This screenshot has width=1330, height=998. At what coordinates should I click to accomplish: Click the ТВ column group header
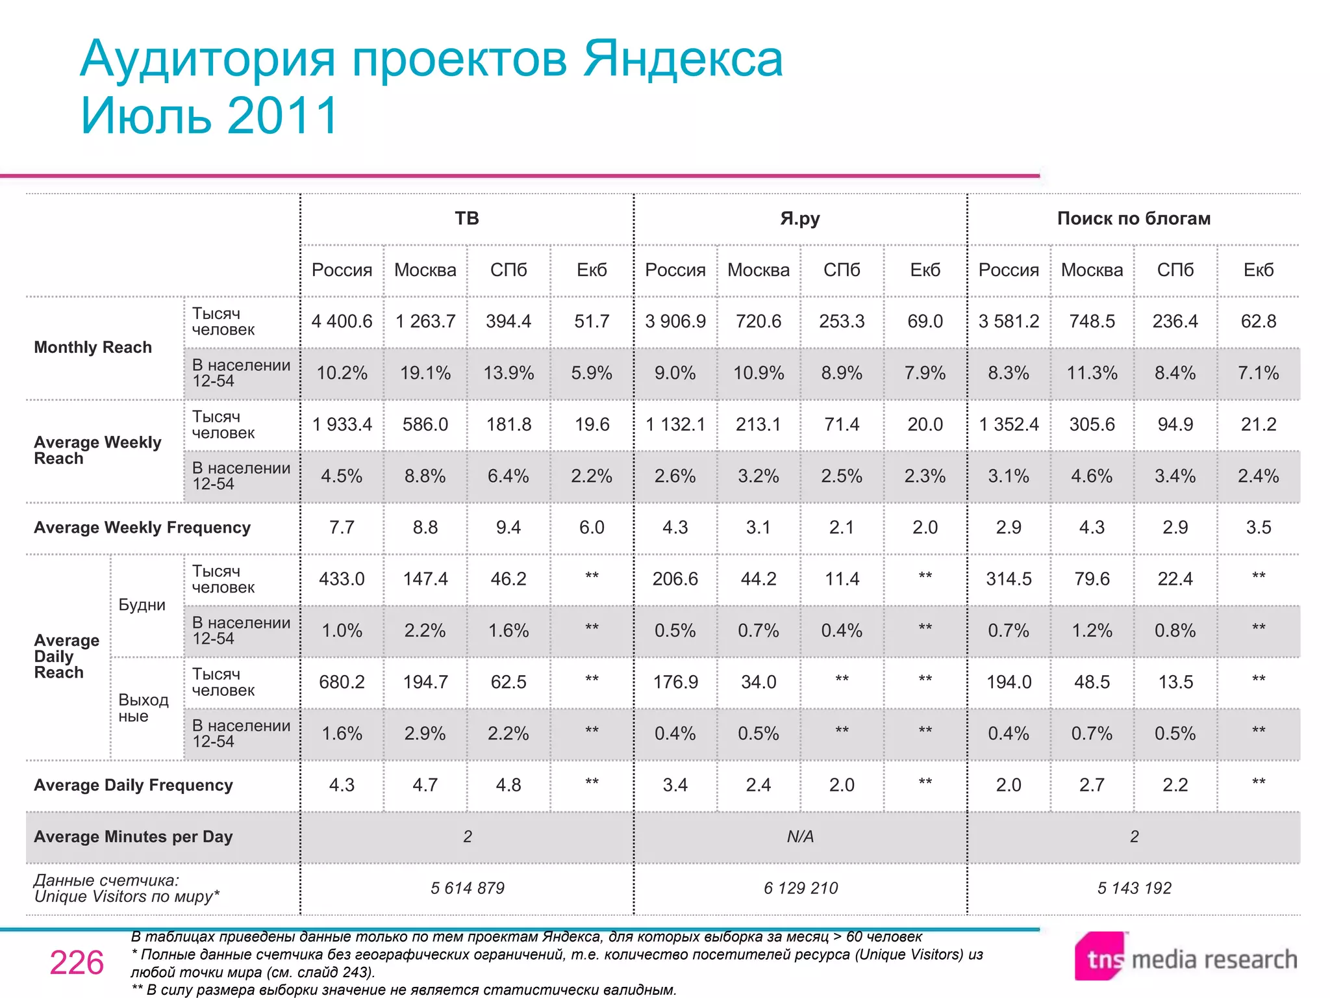point(467,218)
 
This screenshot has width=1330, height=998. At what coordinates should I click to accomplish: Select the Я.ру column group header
point(800,218)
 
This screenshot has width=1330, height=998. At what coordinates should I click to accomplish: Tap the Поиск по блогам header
point(1134,218)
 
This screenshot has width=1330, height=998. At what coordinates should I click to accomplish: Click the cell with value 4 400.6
point(342,321)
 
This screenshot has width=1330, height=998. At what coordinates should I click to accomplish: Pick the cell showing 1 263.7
point(425,321)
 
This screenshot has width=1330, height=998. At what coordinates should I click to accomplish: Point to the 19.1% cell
point(425,373)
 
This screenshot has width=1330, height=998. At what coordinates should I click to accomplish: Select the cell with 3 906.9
point(675,321)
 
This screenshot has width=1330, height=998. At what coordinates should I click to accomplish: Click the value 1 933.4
point(342,424)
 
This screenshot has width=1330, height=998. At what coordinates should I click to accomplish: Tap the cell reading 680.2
point(342,682)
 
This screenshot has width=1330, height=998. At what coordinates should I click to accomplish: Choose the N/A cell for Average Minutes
point(800,837)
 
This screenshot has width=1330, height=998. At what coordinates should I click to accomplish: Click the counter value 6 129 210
point(801,888)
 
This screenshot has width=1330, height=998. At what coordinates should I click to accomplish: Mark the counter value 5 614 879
point(467,888)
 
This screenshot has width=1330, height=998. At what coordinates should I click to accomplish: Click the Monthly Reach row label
point(93,348)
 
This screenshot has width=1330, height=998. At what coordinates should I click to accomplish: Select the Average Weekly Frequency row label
point(142,528)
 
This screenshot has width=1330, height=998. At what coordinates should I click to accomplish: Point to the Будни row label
point(142,605)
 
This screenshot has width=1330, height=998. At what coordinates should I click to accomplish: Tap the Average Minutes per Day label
point(133,837)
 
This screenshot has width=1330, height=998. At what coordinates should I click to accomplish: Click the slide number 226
point(77,962)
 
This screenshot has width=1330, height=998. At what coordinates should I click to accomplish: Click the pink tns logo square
point(1100,956)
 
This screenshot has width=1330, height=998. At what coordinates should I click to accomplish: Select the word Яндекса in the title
point(683,59)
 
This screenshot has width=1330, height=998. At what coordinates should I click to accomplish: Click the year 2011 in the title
point(282,116)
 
